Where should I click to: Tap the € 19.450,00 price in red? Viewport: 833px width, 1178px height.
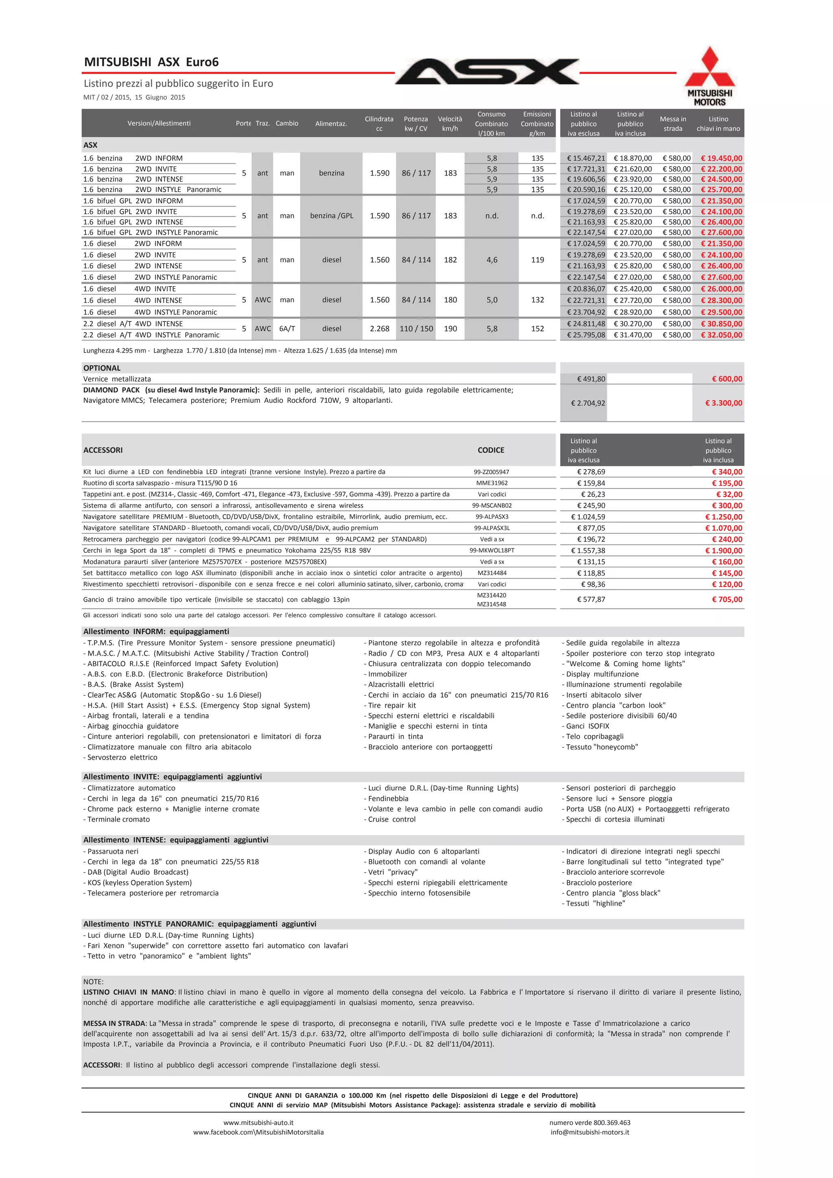[x=721, y=159]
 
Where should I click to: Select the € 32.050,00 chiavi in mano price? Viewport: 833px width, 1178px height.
[x=721, y=335]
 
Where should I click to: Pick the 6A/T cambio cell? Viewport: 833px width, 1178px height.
[x=287, y=329]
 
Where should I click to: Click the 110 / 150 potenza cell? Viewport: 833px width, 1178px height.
[x=416, y=329]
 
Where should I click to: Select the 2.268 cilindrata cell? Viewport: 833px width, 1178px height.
[x=379, y=329]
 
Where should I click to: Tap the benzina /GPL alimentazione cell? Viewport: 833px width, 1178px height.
[x=331, y=216]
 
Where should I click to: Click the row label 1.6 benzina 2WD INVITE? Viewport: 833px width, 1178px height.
[x=130, y=169]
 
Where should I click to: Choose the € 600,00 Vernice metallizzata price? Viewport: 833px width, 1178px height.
[x=727, y=379]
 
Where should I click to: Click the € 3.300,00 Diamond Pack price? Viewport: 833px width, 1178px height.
[x=724, y=403]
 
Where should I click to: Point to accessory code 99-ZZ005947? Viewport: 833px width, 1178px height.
[x=491, y=472]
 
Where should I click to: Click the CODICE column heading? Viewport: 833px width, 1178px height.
[x=491, y=450]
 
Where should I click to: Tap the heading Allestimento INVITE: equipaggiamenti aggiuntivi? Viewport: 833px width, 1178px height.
[x=172, y=777]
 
